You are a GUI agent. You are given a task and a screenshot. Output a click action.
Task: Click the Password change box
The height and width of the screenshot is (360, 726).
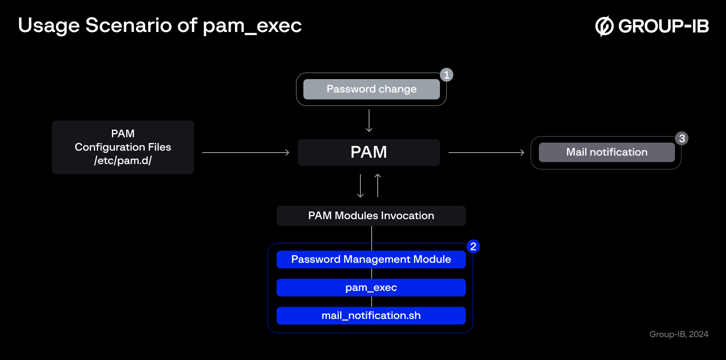[x=372, y=89]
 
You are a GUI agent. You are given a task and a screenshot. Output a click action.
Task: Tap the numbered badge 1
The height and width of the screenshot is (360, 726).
[x=447, y=75]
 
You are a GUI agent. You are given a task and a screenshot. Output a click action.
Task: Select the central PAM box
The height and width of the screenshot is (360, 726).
[x=369, y=152]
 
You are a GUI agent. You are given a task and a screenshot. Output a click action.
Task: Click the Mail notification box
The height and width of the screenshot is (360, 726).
[x=607, y=152]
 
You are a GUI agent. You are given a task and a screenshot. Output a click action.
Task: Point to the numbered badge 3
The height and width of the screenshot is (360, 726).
[x=682, y=138]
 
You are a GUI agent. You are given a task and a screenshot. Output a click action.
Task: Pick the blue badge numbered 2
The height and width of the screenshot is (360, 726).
[x=473, y=247]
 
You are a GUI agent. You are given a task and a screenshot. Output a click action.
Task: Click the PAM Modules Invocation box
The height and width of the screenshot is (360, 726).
[x=371, y=216]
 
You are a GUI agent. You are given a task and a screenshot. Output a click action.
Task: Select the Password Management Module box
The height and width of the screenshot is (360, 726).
[x=371, y=260]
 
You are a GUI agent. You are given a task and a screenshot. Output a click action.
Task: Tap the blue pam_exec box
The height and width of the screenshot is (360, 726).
[x=371, y=287]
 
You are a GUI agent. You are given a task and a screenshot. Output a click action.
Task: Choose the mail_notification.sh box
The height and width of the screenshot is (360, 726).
[x=371, y=315]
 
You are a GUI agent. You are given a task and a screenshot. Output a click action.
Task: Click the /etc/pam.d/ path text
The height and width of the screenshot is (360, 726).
[x=123, y=161]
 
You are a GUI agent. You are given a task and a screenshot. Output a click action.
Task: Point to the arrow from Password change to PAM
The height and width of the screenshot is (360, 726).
[x=369, y=121]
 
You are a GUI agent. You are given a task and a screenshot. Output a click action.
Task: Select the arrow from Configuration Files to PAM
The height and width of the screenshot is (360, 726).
[x=245, y=152]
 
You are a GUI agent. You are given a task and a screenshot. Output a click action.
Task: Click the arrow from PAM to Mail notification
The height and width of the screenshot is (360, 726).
[x=486, y=152]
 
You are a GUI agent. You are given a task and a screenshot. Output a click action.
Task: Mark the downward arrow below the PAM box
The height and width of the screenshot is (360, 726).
[x=360, y=186]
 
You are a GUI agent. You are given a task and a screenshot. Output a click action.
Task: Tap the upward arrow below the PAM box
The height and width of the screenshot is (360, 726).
[x=378, y=185]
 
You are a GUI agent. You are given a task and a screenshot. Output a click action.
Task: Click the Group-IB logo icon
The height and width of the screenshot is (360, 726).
[x=605, y=26]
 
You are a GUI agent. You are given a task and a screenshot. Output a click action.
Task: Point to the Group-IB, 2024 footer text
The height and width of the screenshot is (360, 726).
[x=678, y=334]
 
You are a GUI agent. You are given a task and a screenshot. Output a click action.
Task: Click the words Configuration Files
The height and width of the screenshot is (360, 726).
[x=123, y=147]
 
